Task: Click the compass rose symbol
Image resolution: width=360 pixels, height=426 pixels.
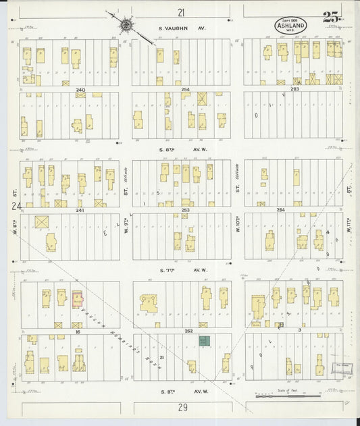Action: point(126,26)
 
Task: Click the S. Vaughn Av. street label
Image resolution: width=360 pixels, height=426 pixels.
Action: point(181,28)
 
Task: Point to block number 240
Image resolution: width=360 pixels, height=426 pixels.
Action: point(81,89)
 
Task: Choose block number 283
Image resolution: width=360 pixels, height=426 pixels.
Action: point(294,89)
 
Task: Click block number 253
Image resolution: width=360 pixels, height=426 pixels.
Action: point(186,210)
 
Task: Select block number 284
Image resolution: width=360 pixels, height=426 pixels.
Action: point(294,210)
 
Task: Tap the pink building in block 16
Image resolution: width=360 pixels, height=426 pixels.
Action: point(78,298)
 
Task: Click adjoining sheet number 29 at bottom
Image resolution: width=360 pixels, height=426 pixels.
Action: point(182,408)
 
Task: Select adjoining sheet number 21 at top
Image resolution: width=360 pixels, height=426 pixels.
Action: point(180,12)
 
